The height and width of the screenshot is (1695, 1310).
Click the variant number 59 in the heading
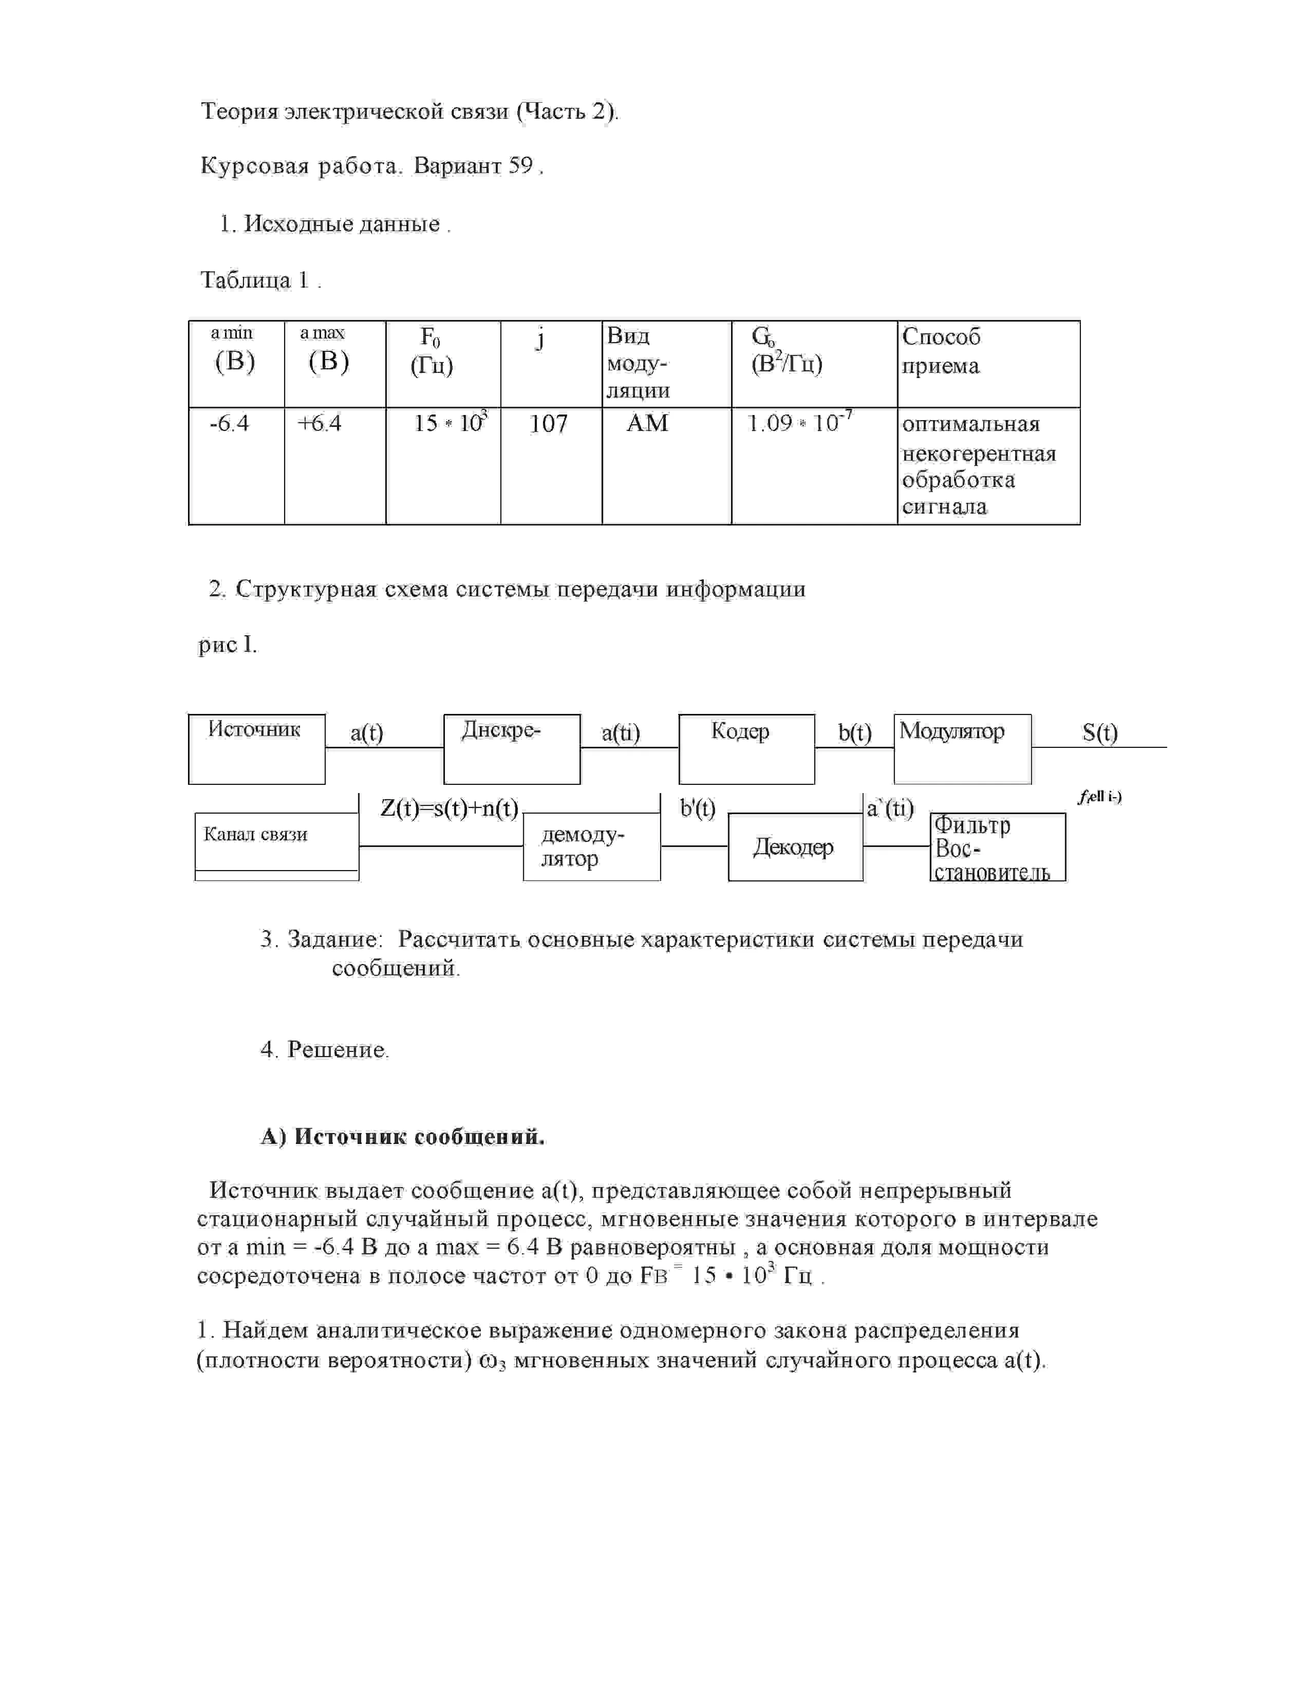point(521,166)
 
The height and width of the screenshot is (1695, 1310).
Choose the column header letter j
point(540,339)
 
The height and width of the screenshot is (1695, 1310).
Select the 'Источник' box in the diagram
point(256,748)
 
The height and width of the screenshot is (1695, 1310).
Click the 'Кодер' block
point(746,748)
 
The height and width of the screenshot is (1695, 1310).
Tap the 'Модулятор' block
point(962,748)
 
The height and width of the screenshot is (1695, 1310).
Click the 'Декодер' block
point(795,846)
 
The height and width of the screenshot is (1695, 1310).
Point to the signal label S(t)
point(1100,732)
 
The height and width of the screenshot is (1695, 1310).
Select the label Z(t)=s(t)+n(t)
point(450,808)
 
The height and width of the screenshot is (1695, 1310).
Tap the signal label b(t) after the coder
point(854,732)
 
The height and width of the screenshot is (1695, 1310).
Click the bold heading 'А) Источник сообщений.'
point(403,1138)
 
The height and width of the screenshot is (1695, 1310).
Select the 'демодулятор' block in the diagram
point(591,846)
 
